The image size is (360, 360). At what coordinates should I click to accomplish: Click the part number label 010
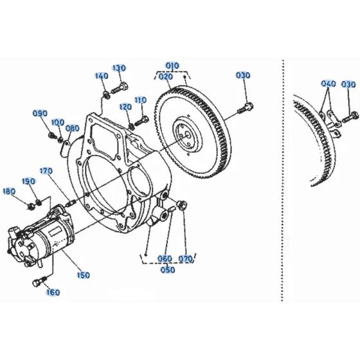point(172,67)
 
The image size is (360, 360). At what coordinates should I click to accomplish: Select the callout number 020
point(166,76)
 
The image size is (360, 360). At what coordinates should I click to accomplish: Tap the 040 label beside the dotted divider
point(328,84)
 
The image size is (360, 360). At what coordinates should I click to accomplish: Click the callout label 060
point(165,260)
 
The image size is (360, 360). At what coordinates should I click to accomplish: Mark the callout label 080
point(73,128)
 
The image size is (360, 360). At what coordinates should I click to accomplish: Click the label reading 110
point(141,100)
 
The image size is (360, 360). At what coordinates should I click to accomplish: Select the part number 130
point(119,68)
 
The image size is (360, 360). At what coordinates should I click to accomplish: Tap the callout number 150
point(84,274)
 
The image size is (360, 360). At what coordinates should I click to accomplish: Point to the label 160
point(53,292)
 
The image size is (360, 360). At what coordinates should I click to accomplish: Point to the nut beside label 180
point(30,205)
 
